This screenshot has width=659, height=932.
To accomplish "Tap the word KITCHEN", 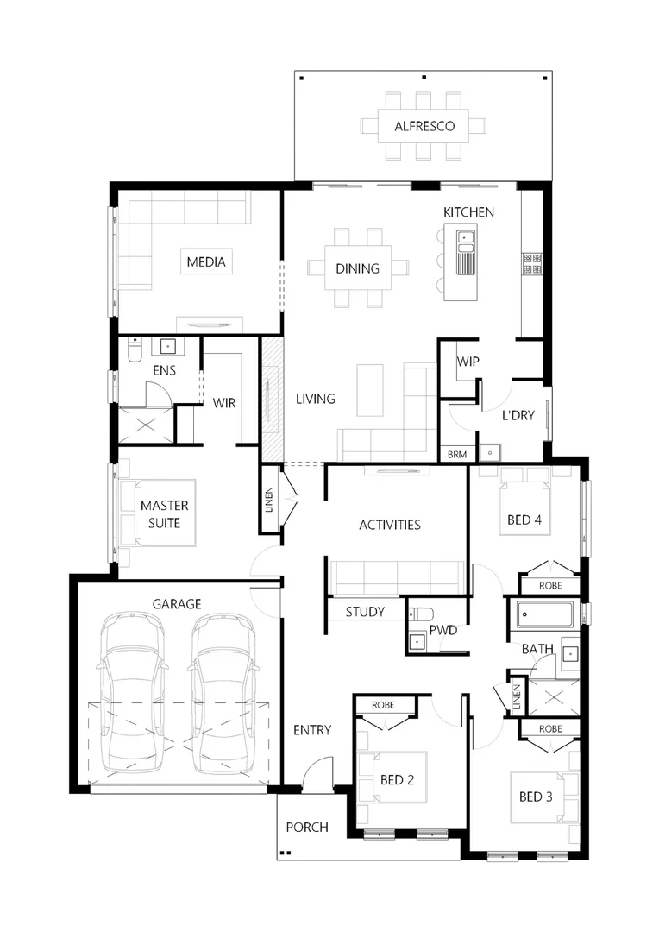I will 468,212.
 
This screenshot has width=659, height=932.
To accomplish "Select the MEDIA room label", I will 206,261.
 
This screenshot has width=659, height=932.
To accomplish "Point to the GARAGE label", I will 177,604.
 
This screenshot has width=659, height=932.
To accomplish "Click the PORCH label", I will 307,827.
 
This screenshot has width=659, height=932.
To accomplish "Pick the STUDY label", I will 365,612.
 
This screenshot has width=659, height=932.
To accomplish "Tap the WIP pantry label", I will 468,361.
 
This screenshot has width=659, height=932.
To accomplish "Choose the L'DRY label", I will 518,415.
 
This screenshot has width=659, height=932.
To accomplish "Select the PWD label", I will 444,630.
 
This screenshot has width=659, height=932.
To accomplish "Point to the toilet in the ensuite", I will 134,349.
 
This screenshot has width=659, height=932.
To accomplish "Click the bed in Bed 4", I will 524,509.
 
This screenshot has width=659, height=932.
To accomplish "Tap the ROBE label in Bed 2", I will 382,705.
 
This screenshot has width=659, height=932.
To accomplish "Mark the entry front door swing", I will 319,771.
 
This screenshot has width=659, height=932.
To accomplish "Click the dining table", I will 357,268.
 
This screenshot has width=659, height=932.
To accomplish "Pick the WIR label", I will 224,403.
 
